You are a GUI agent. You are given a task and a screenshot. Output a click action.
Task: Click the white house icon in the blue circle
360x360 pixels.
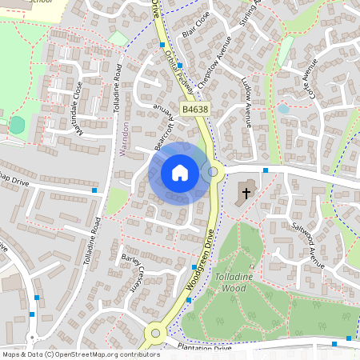point(179,172)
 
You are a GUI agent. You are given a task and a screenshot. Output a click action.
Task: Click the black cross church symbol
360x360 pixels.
point(246,192)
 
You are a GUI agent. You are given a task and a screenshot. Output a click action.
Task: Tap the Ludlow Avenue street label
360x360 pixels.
point(247,102)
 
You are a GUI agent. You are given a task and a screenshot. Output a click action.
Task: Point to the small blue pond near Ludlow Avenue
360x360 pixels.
point(282,108)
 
